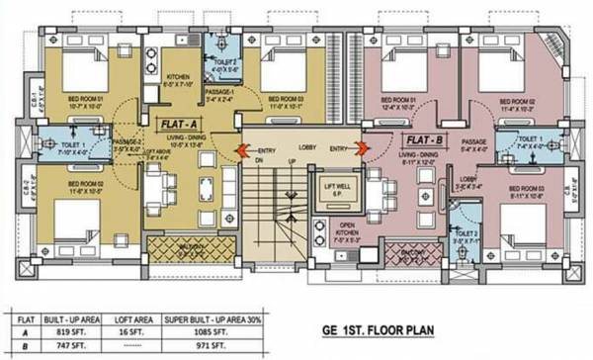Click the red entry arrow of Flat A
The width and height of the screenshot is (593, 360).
241,150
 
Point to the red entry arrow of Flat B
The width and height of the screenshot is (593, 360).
362,149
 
